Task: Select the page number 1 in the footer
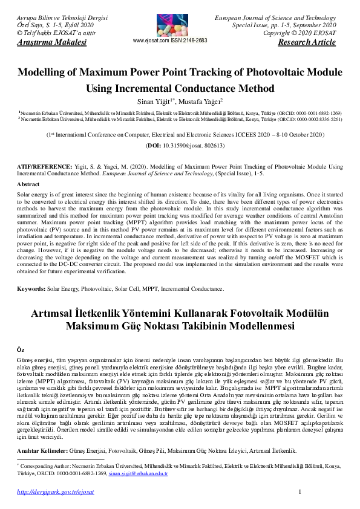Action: pos(301,493)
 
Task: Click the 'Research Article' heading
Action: pos(306,42)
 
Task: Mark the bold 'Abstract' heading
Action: pos(28,184)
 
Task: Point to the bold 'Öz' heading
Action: pos(20,349)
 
